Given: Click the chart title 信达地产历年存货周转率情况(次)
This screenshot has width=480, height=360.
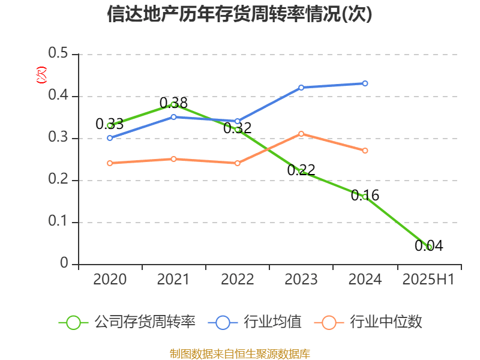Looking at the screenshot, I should pos(239,14).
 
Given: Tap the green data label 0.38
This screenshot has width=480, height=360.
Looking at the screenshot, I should pos(173,103).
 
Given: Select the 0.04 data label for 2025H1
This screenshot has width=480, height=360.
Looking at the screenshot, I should pos(428,245).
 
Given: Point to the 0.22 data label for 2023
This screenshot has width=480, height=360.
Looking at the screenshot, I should pos(301,170).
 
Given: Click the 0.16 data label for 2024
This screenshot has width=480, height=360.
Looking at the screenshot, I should pos(365,196).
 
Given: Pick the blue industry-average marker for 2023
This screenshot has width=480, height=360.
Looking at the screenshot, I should pos(301,88).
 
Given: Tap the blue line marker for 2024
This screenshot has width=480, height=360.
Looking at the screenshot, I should pos(365,83).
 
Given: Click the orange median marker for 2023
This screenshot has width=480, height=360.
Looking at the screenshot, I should pos(301,134).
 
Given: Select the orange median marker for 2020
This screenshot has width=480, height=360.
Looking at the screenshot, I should pos(110,163).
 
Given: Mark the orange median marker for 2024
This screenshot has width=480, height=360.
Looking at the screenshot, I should pos(365,151).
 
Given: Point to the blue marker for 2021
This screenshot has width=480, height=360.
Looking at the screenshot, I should pos(173,117).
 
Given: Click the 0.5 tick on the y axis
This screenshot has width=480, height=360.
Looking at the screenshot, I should pos(58,55).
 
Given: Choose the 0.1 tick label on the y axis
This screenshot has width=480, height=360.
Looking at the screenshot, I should pos(58,223).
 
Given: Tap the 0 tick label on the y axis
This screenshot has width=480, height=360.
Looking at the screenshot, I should pos(65,265).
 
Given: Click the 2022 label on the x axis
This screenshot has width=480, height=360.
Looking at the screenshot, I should pos(237,280).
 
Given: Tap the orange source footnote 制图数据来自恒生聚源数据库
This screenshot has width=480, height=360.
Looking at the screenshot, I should pos(239,353).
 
